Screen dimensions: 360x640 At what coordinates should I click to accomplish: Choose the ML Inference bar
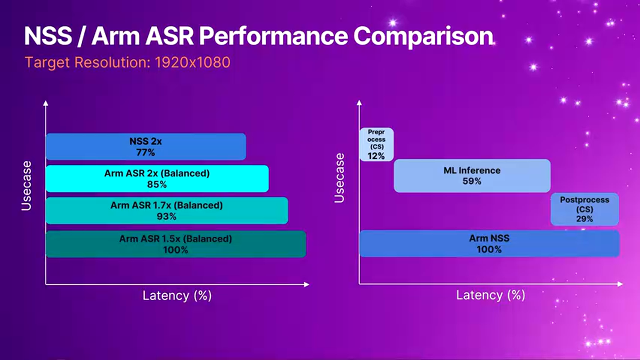point(472,175)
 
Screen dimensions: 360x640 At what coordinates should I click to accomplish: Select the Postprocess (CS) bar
point(584,209)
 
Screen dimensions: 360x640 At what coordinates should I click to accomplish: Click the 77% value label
point(145,152)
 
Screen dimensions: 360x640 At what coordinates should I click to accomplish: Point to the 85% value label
point(156,184)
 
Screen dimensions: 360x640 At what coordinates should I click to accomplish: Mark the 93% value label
point(166,216)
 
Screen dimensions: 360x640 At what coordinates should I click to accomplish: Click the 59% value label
point(472,181)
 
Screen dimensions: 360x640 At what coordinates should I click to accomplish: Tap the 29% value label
point(584,219)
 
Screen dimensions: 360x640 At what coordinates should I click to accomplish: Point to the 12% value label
point(376,156)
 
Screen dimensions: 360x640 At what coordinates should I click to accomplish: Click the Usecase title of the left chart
point(26,185)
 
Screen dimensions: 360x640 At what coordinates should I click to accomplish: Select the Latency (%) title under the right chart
point(490,295)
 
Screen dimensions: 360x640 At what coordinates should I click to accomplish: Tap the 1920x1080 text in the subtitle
point(192,62)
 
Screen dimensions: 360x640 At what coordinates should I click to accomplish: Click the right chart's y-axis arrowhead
point(359,103)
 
